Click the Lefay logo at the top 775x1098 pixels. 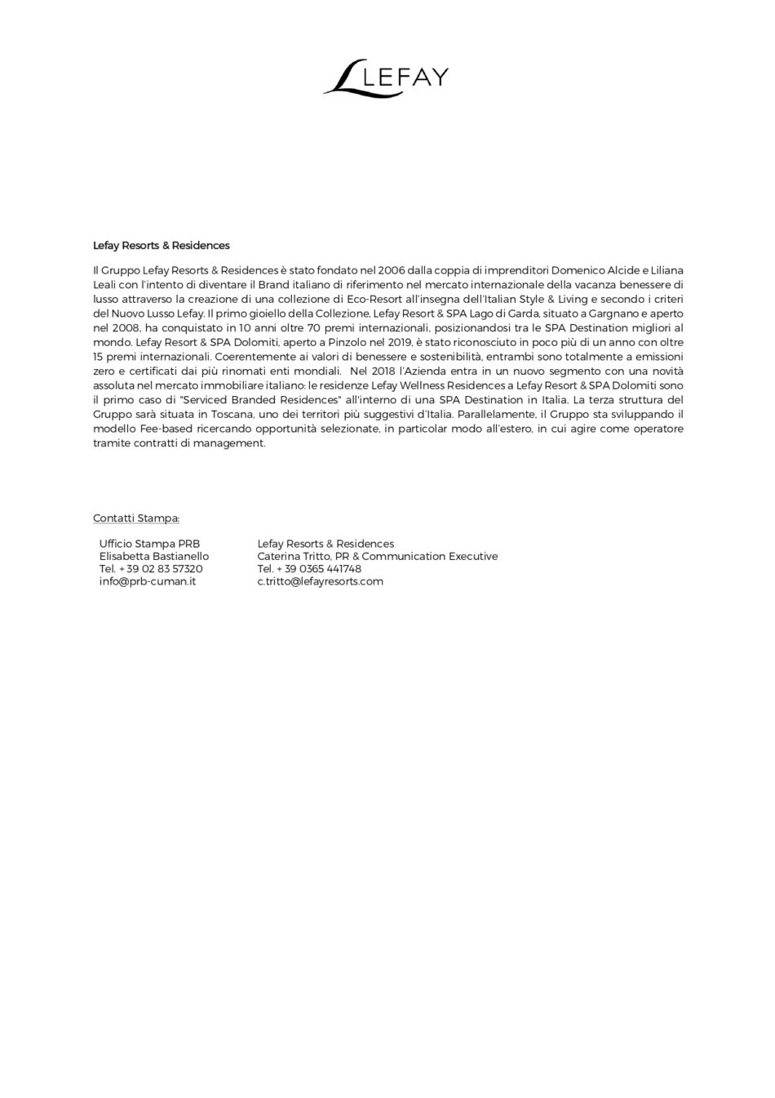tap(386, 78)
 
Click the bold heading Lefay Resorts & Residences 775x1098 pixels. tap(161, 245)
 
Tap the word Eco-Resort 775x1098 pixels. tap(369, 300)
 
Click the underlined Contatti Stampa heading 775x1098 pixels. tap(136, 518)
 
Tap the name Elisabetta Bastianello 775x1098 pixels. tap(154, 556)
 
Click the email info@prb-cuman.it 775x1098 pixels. tap(147, 581)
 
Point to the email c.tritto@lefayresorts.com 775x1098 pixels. tap(320, 581)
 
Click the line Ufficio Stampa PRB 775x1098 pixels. tap(149, 544)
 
